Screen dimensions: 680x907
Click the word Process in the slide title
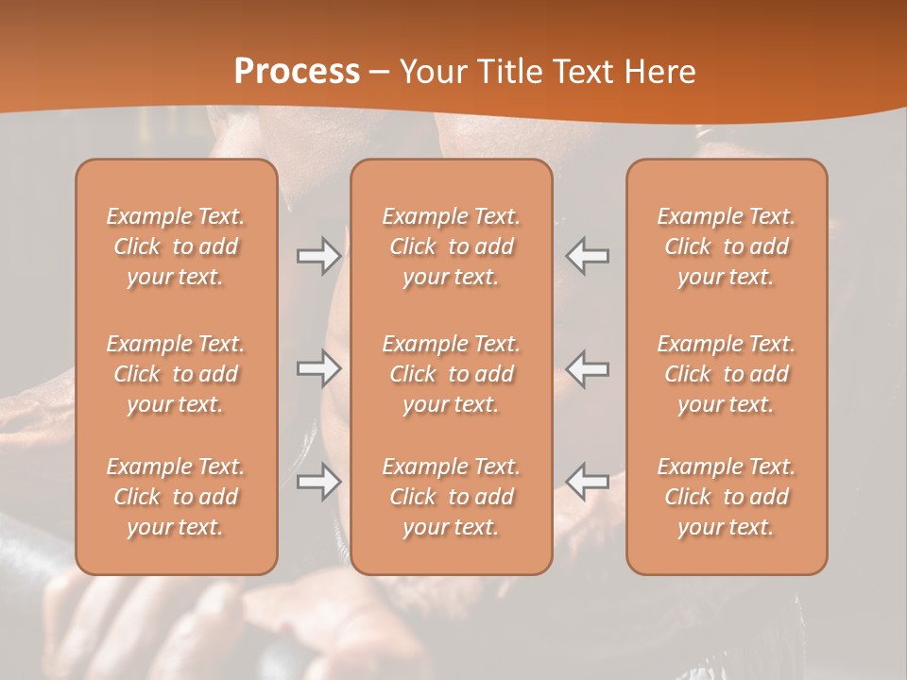point(297,72)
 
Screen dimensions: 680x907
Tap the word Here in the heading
point(659,72)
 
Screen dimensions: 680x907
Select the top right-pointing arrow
point(319,256)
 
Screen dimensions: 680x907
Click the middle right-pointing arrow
point(319,368)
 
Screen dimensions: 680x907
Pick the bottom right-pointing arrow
point(319,482)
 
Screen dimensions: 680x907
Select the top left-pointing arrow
point(588,256)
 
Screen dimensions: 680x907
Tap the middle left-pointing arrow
point(588,368)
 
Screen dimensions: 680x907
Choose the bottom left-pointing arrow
point(588,482)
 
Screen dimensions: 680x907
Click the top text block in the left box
point(176,246)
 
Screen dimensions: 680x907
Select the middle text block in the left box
point(176,374)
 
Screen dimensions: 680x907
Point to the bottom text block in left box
point(176,497)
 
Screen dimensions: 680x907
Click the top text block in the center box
point(452,246)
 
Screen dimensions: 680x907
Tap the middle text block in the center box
point(452,374)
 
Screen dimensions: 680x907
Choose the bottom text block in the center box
point(452,497)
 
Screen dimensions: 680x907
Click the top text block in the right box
point(727,246)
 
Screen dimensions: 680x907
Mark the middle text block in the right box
point(727,374)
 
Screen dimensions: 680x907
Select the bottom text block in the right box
point(727,497)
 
